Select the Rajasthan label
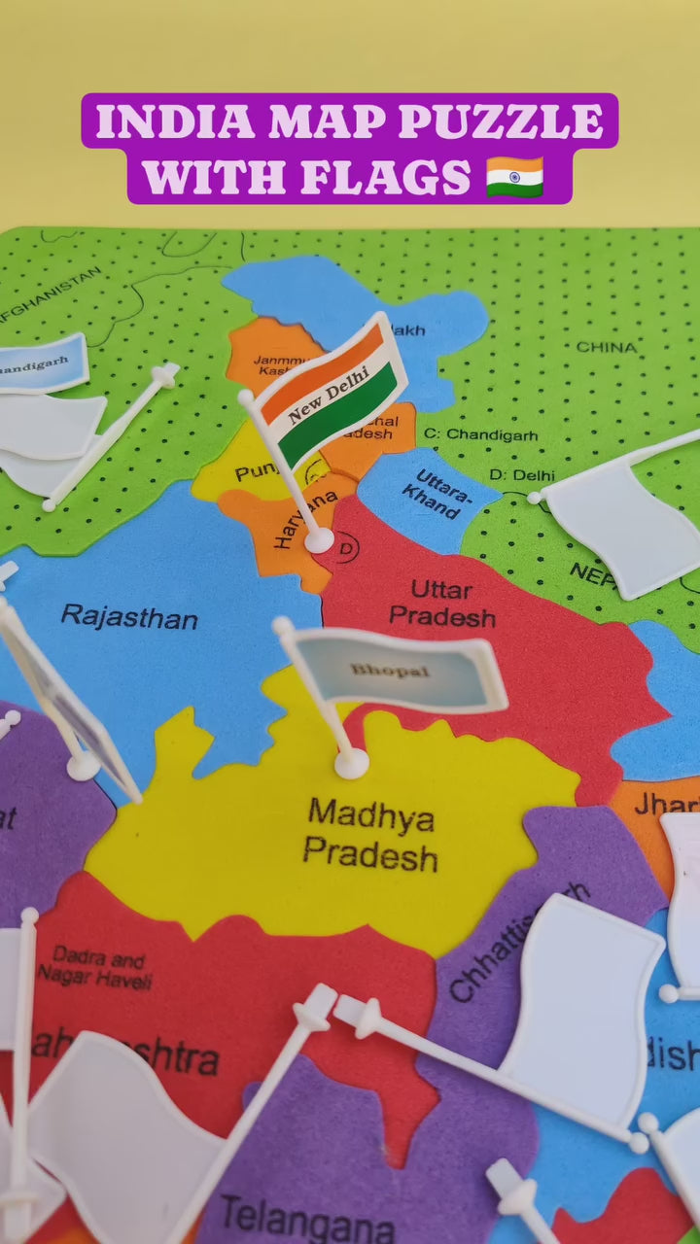point(129,616)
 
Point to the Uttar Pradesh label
point(442,604)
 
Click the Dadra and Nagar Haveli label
point(95,967)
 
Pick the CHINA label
point(606,347)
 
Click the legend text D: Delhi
point(521,475)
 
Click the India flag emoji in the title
point(514,177)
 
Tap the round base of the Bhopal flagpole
point(351,763)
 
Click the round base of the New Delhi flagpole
point(319,539)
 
